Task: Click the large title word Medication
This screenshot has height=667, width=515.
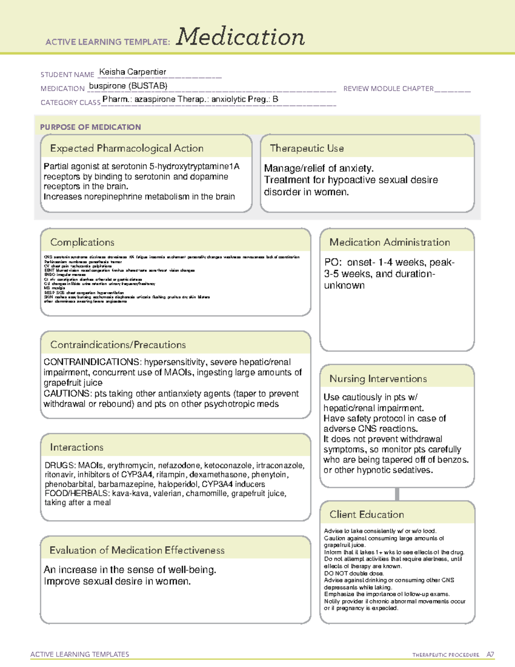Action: [240, 37]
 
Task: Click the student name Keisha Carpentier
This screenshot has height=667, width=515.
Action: [133, 72]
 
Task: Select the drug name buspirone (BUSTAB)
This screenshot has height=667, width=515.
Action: [128, 86]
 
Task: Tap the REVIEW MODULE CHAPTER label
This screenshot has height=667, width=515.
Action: [388, 89]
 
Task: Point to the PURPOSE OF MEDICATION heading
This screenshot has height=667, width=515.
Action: [90, 127]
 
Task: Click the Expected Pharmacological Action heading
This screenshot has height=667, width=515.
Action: [127, 149]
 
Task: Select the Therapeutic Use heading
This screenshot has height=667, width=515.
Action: [306, 149]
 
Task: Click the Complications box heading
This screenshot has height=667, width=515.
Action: [82, 242]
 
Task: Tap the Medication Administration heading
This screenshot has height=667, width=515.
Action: [389, 242]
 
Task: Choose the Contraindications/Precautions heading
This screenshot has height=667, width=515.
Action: [118, 345]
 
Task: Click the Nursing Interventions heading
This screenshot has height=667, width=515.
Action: [378, 379]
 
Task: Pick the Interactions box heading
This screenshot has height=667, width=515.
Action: [76, 448]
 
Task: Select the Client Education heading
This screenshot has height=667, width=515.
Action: [367, 515]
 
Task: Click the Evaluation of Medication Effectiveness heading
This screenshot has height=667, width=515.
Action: [137, 551]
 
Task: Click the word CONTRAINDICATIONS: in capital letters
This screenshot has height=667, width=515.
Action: [92, 362]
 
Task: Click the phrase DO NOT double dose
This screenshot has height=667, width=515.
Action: [354, 573]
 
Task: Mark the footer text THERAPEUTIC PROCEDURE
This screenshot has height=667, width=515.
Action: [445, 655]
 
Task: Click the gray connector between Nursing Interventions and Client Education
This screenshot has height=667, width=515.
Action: [397, 494]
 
